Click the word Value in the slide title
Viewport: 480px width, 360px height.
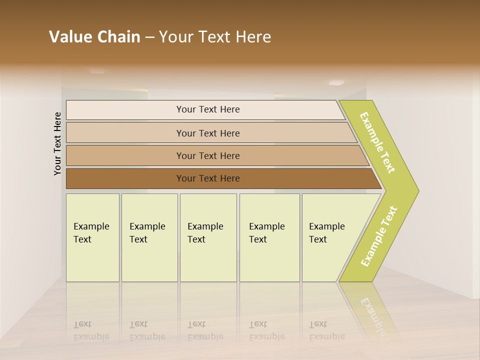(70, 37)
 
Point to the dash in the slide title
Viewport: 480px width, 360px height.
(149, 37)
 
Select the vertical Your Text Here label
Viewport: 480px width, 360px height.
(57, 143)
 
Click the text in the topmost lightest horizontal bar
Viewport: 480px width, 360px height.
(208, 109)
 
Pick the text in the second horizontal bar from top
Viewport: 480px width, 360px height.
(208, 133)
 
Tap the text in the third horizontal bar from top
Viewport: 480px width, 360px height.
(208, 155)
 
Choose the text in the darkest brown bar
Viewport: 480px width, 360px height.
(208, 178)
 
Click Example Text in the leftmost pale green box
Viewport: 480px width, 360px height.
(91, 232)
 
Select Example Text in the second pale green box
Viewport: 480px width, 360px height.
(147, 232)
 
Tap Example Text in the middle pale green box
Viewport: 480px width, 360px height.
(205, 232)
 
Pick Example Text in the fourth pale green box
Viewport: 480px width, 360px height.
(266, 232)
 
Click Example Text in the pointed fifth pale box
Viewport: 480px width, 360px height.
(326, 232)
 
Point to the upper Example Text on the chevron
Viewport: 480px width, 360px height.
(377, 142)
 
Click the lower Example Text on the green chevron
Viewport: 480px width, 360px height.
(378, 236)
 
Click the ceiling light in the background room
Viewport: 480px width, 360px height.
(336, 82)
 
